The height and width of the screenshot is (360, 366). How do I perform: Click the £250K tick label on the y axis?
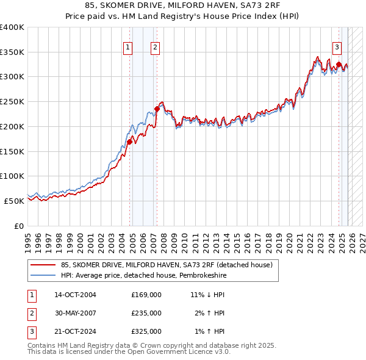coord(12,101)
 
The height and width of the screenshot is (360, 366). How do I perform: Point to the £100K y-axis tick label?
coord(12,176)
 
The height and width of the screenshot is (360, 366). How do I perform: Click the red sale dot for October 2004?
coord(129,142)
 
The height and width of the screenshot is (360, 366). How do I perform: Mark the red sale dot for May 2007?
coord(157,109)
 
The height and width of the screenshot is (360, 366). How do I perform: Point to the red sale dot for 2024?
coord(339,64)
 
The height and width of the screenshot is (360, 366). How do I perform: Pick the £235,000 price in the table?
coord(146,313)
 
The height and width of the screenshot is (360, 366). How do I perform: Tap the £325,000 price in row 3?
coord(146,331)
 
